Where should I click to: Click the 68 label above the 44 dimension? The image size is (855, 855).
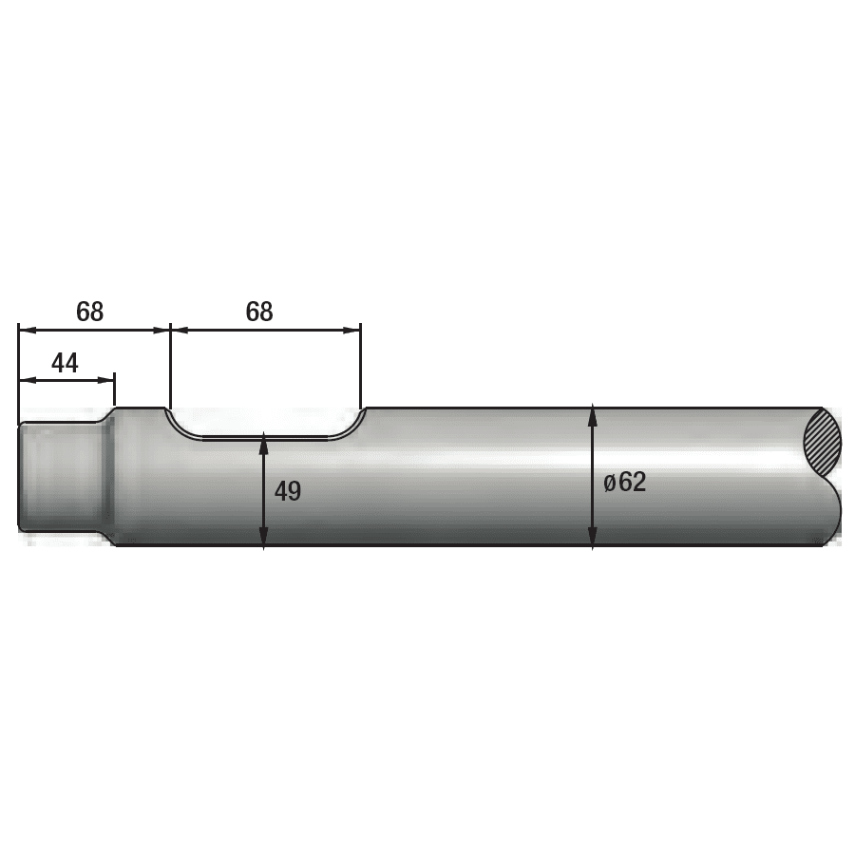point(89,312)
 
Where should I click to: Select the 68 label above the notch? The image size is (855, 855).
point(259,312)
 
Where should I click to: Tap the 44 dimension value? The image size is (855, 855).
point(65,363)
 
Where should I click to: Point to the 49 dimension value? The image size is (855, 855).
point(288,491)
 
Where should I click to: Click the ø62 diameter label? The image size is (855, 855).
point(625,482)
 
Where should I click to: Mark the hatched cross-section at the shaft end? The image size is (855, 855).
point(823,443)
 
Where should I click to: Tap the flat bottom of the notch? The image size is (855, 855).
point(266,438)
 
